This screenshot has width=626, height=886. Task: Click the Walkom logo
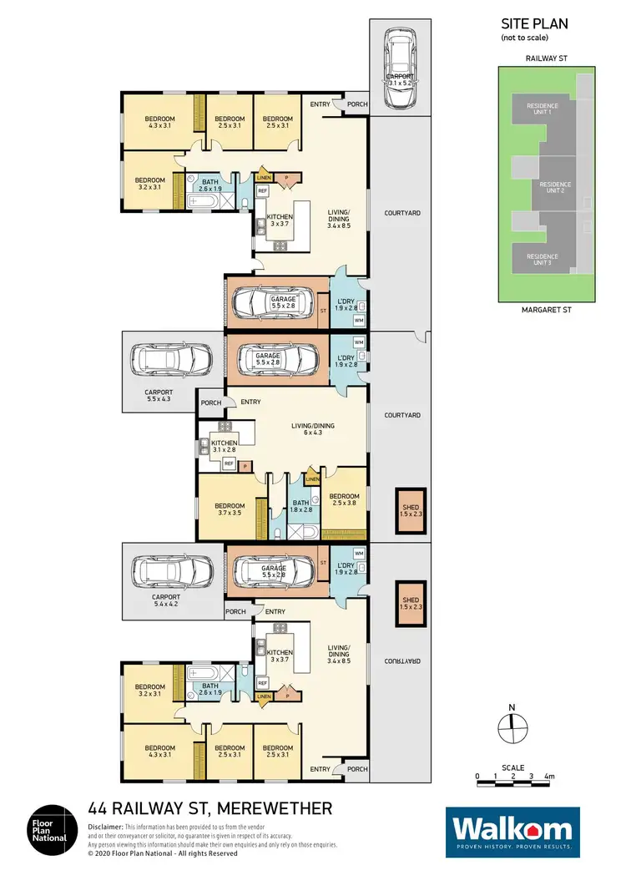512,832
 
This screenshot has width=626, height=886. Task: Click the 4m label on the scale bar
548,777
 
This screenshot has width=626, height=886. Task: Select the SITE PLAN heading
534,24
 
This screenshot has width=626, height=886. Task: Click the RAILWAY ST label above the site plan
546,59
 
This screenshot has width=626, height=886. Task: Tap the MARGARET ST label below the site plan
547,309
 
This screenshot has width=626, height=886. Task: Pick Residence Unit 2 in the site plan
555,187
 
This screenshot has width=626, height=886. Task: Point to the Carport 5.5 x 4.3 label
159,395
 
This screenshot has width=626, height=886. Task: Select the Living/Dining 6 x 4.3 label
312,429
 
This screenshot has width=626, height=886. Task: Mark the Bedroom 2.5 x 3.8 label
343,499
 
